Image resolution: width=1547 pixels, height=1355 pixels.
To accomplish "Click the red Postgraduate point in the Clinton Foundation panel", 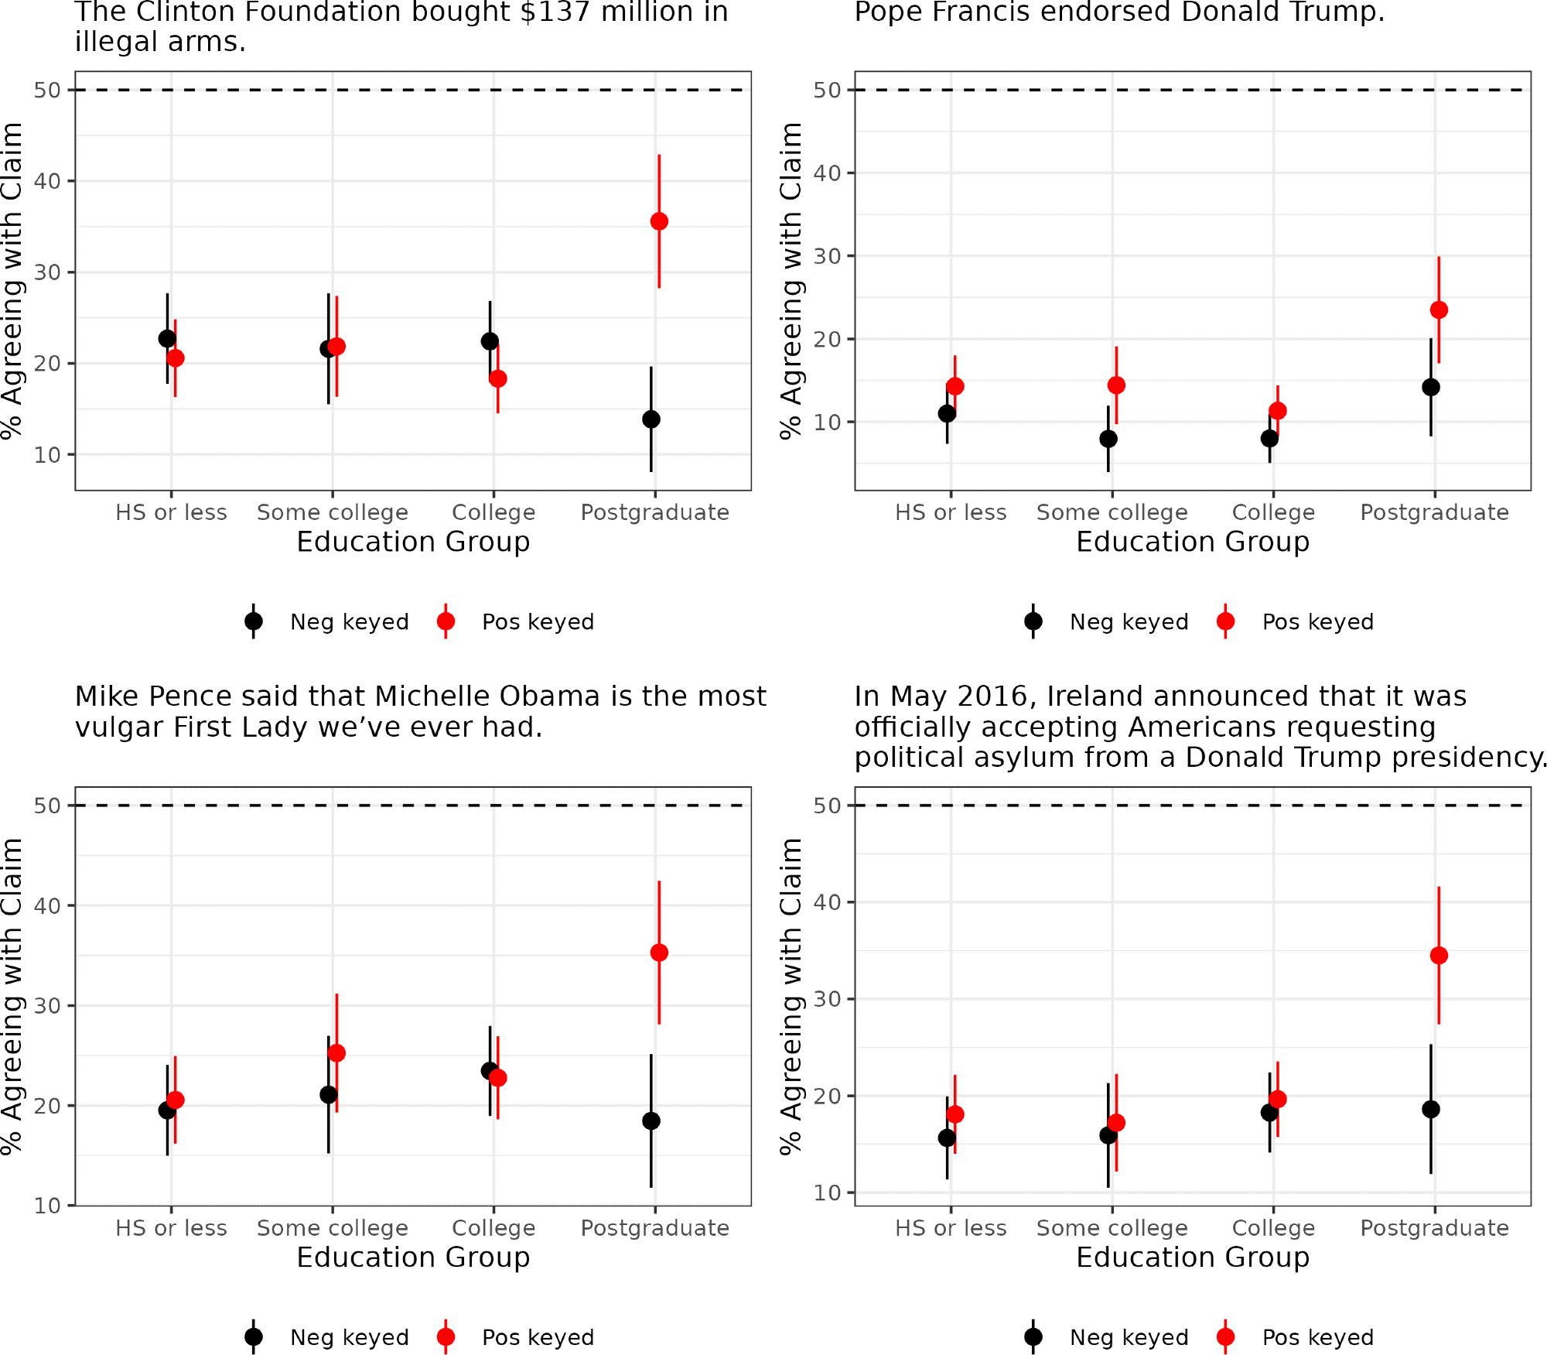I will tap(659, 221).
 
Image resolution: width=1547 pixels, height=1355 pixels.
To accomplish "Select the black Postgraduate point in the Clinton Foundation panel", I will tap(651, 419).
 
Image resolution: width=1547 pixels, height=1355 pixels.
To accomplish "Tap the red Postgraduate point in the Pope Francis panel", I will tap(1439, 310).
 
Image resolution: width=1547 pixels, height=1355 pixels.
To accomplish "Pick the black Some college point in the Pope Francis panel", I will tap(1108, 439).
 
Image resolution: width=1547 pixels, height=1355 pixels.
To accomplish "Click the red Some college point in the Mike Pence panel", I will tap(336, 1053).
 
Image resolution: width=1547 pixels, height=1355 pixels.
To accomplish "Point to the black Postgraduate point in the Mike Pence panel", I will tap(651, 1121).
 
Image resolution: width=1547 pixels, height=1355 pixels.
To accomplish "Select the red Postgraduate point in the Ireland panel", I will tap(1439, 956).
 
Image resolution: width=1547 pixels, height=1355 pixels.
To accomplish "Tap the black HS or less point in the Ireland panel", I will tap(947, 1138).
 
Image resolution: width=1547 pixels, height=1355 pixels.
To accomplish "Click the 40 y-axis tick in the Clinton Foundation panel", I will tap(47, 181).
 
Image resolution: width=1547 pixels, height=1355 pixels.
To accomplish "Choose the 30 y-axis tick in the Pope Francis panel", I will tap(827, 256).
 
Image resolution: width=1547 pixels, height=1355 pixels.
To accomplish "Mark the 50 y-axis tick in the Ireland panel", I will tap(827, 806).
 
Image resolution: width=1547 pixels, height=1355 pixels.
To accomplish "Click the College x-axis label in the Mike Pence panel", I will tap(493, 1228).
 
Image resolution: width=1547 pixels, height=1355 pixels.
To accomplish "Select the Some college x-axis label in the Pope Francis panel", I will tap(1112, 512).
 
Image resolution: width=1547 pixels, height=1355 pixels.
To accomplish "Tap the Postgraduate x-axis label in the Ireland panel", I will tap(1434, 1228).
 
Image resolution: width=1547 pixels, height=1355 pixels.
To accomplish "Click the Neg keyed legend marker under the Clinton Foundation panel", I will tap(254, 621).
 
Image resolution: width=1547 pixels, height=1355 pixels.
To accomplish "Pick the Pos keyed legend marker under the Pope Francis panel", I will tap(1225, 621).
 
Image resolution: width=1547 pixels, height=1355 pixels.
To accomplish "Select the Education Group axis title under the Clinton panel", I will tap(413, 542).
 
